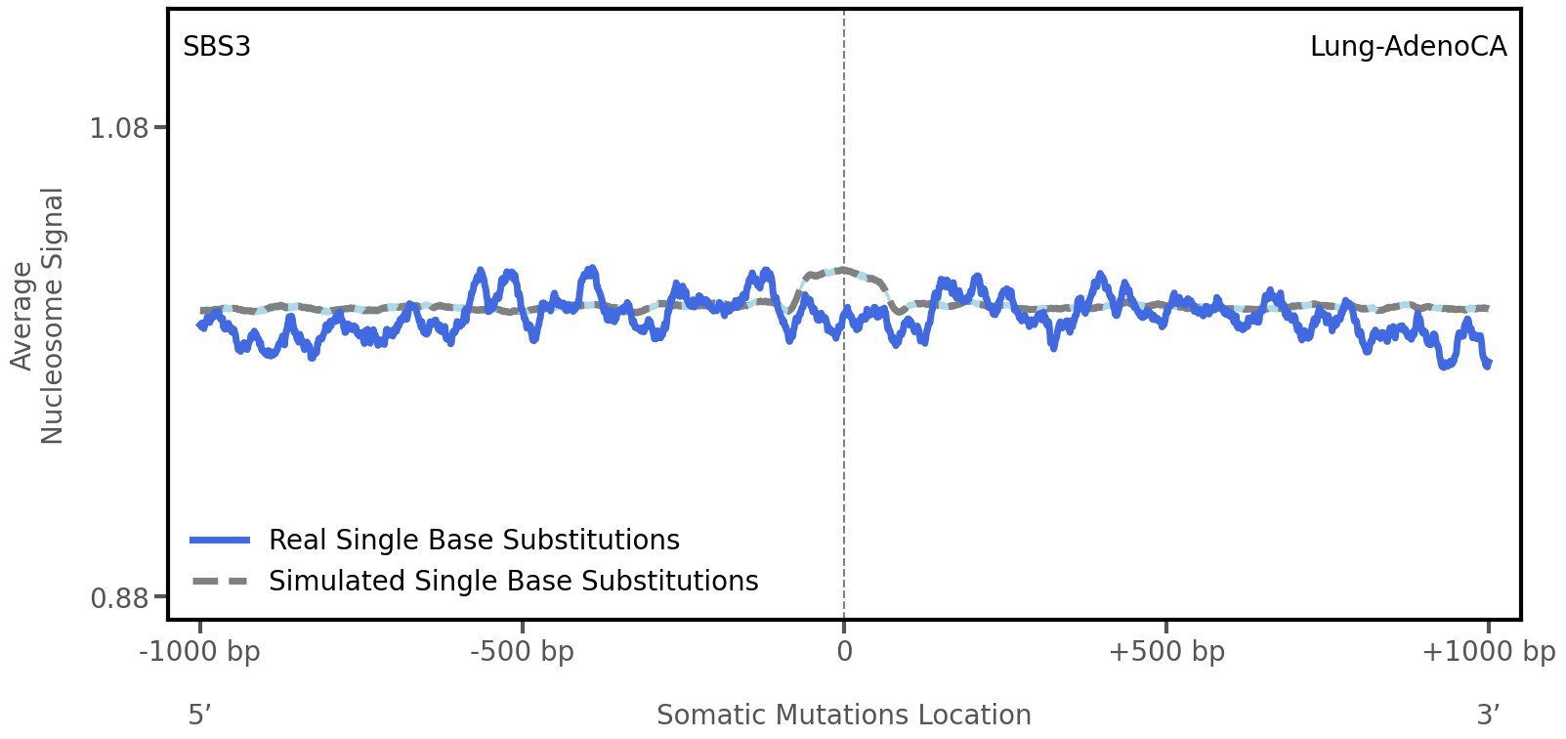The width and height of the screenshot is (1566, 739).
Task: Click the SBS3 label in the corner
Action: tap(217, 46)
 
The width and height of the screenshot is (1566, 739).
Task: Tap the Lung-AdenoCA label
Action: tap(1408, 46)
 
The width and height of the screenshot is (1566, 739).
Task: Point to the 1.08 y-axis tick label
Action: tap(118, 128)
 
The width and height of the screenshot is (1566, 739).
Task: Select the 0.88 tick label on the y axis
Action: tap(118, 597)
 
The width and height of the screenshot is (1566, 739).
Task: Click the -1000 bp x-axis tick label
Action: tap(200, 651)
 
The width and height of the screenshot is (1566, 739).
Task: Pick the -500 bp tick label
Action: tap(522, 651)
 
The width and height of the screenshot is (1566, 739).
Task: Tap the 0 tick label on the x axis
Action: tap(844, 651)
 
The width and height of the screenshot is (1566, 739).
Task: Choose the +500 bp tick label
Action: tap(1166, 651)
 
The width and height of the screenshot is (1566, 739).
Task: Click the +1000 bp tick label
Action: tap(1488, 651)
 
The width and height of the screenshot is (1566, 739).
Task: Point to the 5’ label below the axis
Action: tap(199, 715)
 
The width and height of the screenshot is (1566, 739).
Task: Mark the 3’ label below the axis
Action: tap(1488, 715)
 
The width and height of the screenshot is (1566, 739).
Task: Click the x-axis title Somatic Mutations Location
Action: tap(843, 715)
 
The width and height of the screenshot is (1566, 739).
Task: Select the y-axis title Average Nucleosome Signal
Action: tap(37, 315)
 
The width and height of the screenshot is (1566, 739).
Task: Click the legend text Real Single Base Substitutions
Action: tap(474, 540)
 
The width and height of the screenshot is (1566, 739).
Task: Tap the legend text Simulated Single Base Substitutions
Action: tap(513, 581)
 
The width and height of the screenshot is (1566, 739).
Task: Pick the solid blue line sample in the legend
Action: tap(221, 541)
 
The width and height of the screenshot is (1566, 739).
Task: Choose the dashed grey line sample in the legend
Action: tap(221, 582)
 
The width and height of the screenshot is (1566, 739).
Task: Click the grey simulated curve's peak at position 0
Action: tap(842, 269)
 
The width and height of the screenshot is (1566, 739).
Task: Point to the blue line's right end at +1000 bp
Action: tap(1488, 364)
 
